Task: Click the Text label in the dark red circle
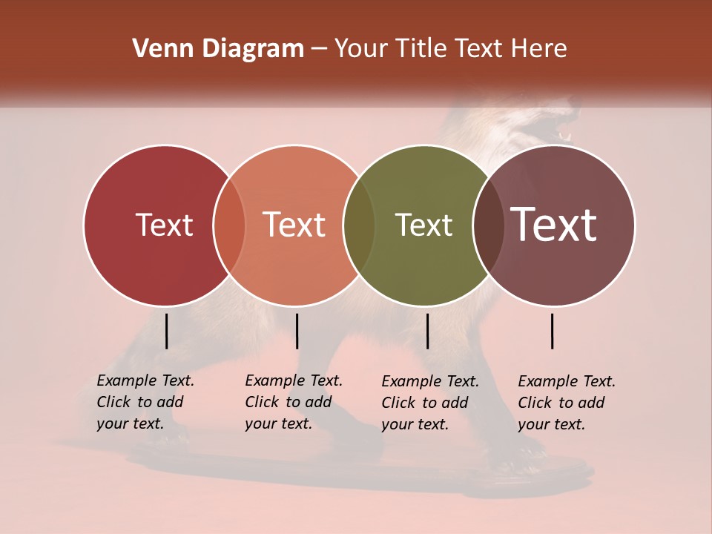(x=164, y=225)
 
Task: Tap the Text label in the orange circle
(x=294, y=225)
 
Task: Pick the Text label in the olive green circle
(x=423, y=225)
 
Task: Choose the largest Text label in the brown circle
(x=554, y=225)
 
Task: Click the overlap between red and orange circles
(x=229, y=225)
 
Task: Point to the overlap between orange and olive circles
(x=360, y=225)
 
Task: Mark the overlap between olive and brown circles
(x=489, y=225)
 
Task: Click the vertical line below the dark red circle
(x=167, y=331)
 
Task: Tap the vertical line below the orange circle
(x=297, y=331)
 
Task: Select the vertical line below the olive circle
(x=427, y=331)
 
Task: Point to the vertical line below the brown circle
(x=553, y=331)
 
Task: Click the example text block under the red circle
(x=145, y=402)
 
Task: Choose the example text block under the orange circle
(x=294, y=402)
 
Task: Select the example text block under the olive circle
(x=430, y=403)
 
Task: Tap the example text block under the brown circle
(x=567, y=403)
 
